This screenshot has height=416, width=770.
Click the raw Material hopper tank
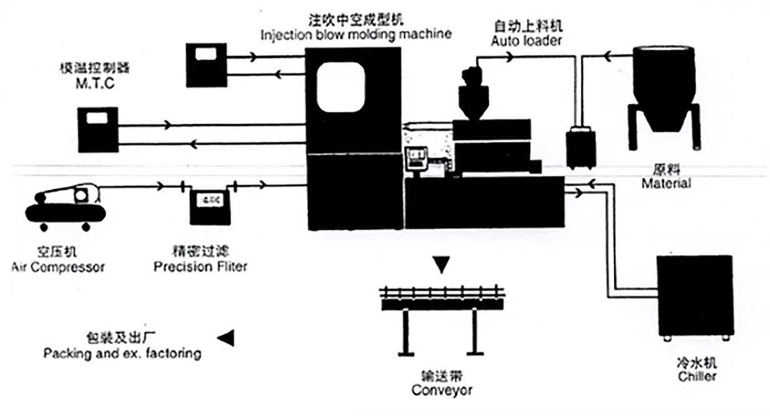[663, 87]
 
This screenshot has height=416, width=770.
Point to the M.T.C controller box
[98, 131]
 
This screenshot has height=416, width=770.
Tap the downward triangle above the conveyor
[442, 265]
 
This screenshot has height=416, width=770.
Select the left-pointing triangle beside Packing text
[226, 338]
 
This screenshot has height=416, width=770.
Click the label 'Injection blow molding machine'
[356, 34]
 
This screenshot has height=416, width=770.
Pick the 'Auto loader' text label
[526, 41]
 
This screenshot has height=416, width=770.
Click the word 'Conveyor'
[442, 390]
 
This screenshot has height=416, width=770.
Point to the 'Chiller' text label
[697, 376]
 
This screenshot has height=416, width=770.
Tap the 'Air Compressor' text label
[58, 267]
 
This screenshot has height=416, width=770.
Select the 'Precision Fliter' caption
[201, 267]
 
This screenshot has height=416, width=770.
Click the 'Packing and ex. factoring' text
[122, 354]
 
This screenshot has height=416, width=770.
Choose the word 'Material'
[666, 184]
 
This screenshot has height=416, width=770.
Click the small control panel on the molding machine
[416, 158]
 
